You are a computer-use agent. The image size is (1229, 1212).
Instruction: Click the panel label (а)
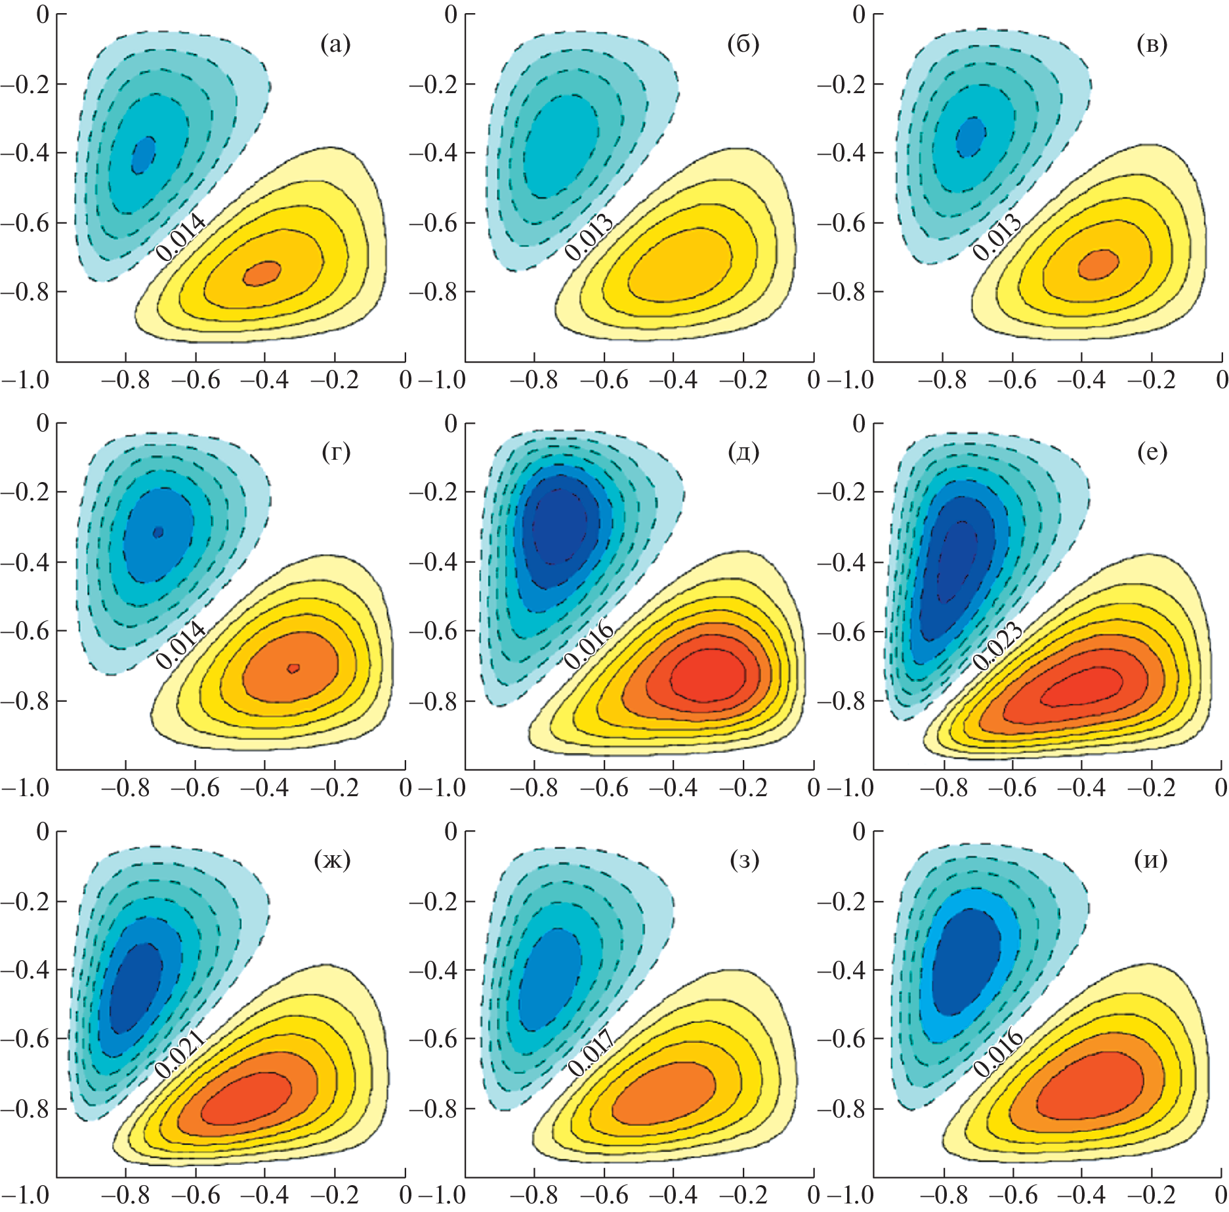[335, 44]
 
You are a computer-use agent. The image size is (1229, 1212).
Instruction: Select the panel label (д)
[743, 452]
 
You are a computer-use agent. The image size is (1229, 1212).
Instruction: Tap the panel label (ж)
[333, 860]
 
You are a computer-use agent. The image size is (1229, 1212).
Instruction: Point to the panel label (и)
[1151, 860]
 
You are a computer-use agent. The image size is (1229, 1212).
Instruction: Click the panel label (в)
[1152, 44]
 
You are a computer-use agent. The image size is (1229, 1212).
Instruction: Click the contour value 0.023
[997, 647]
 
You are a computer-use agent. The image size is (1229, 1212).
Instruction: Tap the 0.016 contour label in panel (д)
[589, 646]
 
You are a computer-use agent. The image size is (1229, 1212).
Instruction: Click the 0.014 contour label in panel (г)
[180, 646]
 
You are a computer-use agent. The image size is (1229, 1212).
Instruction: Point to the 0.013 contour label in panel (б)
[589, 237]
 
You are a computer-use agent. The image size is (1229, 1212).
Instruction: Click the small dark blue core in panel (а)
[143, 155]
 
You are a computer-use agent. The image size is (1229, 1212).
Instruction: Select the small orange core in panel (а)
[262, 272]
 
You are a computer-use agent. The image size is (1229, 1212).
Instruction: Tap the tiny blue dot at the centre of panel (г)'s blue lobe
[157, 532]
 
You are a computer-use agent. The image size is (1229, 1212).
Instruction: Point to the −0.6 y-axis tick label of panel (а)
[25, 222]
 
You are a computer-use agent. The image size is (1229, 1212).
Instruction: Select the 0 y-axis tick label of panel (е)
[858, 424]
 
